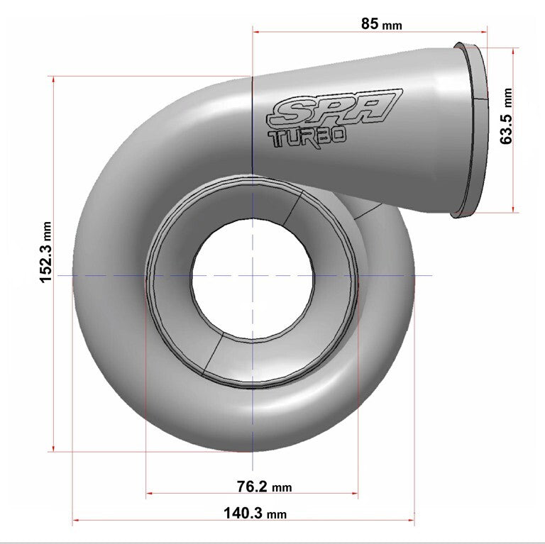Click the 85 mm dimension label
[381, 24]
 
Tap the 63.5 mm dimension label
[506, 116]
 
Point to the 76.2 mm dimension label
[263, 487]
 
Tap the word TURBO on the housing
[307, 136]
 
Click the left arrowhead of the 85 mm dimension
[256, 30]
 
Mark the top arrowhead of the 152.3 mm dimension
[53, 79]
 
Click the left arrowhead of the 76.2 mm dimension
[149, 494]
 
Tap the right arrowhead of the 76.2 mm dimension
[355, 494]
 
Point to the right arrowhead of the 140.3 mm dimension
[411, 521]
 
